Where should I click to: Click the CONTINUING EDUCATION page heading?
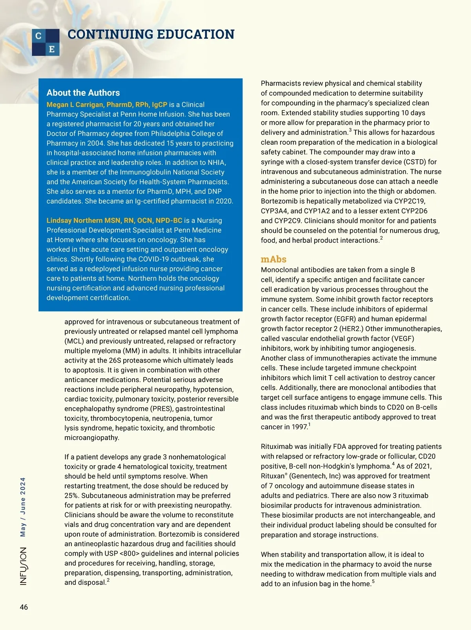151,35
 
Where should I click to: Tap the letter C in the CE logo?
38,36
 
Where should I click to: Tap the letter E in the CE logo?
52,49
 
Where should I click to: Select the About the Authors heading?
83,93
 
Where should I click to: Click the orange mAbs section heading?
274,259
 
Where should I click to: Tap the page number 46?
24,607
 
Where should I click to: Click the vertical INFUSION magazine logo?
24,566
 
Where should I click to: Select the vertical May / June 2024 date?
23,507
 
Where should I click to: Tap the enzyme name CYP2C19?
422,201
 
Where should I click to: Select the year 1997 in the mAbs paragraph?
299,427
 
